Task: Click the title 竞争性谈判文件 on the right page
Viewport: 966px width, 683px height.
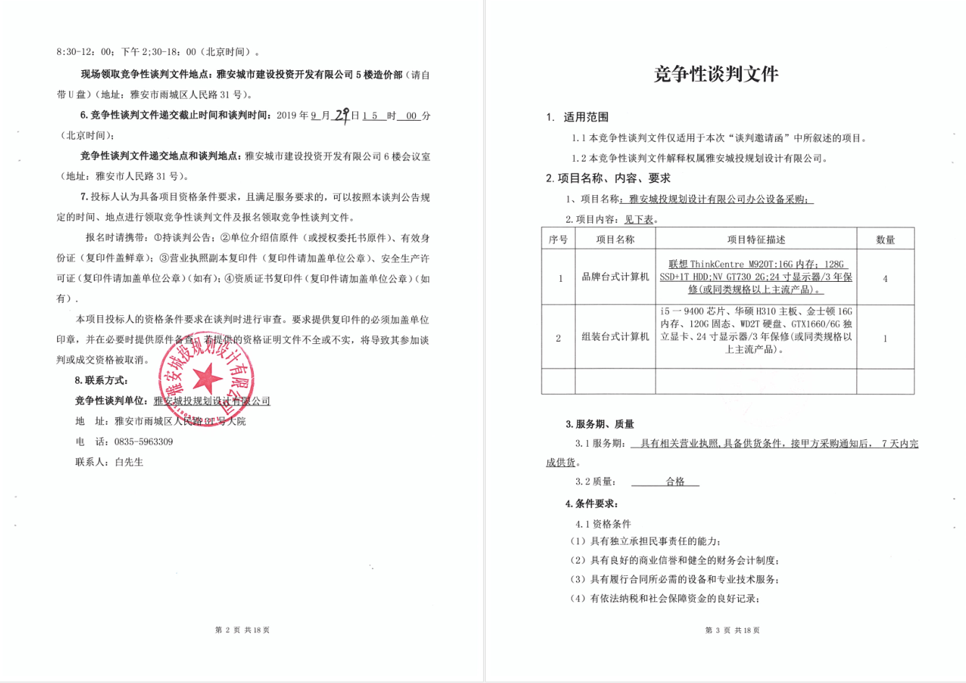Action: click(x=716, y=74)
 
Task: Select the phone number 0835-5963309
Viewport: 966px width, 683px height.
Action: click(x=143, y=442)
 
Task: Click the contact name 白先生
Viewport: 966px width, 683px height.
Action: click(x=129, y=462)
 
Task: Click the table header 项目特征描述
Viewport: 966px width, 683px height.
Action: click(x=756, y=239)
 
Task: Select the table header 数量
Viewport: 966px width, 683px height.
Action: click(x=885, y=239)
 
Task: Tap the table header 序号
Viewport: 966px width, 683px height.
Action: click(x=558, y=239)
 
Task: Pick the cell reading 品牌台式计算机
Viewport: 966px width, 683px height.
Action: click(x=615, y=277)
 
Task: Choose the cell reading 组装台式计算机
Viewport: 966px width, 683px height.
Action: click(x=615, y=338)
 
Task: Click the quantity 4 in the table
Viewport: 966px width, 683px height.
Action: click(x=885, y=278)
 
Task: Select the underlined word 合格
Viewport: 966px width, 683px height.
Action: click(x=675, y=481)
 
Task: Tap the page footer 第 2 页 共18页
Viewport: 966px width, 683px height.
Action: click(x=242, y=630)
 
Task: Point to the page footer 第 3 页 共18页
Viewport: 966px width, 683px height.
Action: click(x=732, y=630)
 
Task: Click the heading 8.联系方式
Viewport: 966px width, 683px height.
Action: click(x=101, y=380)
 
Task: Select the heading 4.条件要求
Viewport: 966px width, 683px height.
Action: click(x=591, y=504)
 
